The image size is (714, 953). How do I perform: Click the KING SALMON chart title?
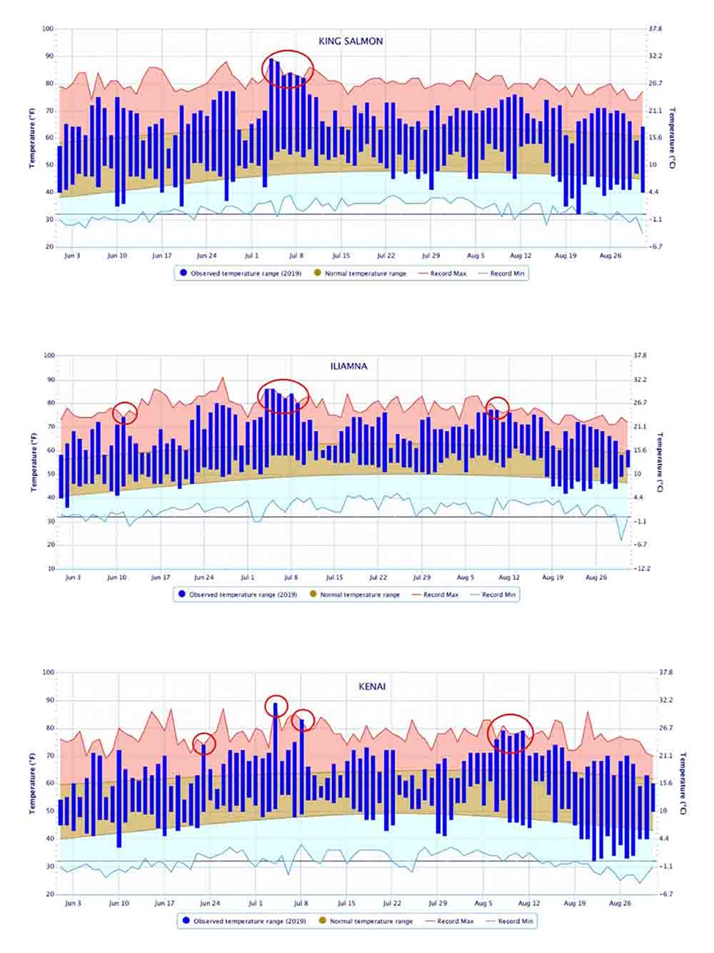tap(350, 41)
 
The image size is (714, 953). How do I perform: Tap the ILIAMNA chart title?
tap(348, 366)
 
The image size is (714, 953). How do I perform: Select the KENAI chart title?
tap(372, 687)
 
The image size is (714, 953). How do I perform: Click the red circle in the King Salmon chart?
tap(287, 70)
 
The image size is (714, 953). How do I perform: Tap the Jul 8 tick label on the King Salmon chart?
tap(296, 256)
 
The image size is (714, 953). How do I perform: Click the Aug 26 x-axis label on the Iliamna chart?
tap(596, 578)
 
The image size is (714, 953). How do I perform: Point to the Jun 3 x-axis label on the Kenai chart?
tap(73, 903)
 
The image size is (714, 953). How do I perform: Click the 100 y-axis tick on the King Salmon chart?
tap(48, 29)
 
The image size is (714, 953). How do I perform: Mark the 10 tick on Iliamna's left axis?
tap(51, 568)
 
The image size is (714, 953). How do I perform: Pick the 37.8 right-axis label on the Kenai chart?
tap(666, 672)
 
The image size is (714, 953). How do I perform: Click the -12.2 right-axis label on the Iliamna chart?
tap(642, 568)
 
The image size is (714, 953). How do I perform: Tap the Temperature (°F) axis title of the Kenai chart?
tap(32, 782)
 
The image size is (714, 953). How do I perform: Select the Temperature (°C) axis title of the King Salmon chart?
tap(672, 138)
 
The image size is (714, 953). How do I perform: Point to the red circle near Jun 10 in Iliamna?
tap(125, 413)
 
